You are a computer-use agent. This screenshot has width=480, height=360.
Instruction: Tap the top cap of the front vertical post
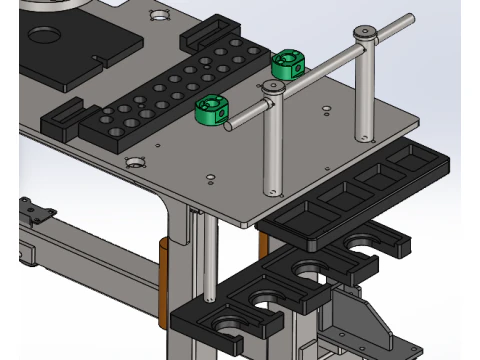[x=275, y=88]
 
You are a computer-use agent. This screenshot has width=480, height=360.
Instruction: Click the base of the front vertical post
[x=270, y=189]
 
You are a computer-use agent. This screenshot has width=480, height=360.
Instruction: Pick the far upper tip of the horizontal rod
[x=410, y=18]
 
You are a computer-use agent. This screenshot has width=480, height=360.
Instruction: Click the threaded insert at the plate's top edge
[x=158, y=15]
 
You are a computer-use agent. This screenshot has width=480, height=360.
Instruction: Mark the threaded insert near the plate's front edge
[x=133, y=162]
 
